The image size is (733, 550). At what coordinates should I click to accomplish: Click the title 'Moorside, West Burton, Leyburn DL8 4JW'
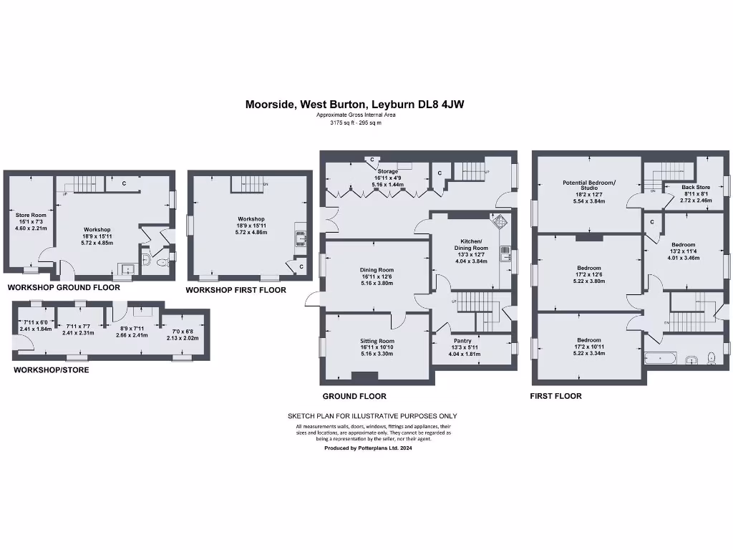(354, 104)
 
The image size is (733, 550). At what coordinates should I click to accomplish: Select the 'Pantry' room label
(462, 341)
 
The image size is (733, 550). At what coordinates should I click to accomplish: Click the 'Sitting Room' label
(377, 341)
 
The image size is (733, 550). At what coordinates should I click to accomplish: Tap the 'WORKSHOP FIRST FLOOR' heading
(236, 290)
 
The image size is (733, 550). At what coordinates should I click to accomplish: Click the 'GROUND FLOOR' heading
(354, 396)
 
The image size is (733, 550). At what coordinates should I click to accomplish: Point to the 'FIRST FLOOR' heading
(555, 396)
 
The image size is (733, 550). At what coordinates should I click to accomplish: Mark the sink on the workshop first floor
(301, 238)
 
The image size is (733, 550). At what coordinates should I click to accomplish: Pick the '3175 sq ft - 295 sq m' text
(355, 122)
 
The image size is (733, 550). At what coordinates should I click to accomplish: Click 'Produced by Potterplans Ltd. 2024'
(368, 448)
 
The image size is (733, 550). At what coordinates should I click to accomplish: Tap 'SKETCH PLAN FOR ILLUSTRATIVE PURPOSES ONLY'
(372, 416)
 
